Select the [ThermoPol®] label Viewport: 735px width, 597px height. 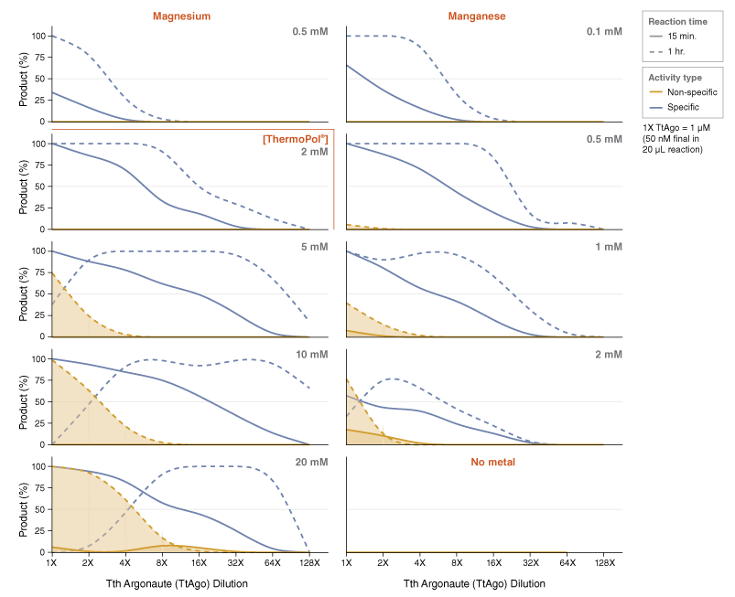295,139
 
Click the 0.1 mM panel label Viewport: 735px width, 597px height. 604,32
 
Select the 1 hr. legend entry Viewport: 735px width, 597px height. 678,50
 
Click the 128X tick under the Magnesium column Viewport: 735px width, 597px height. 309,564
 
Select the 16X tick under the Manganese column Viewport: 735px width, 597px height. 493,564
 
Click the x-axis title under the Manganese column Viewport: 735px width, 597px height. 475,583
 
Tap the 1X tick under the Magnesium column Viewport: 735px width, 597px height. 51,564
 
